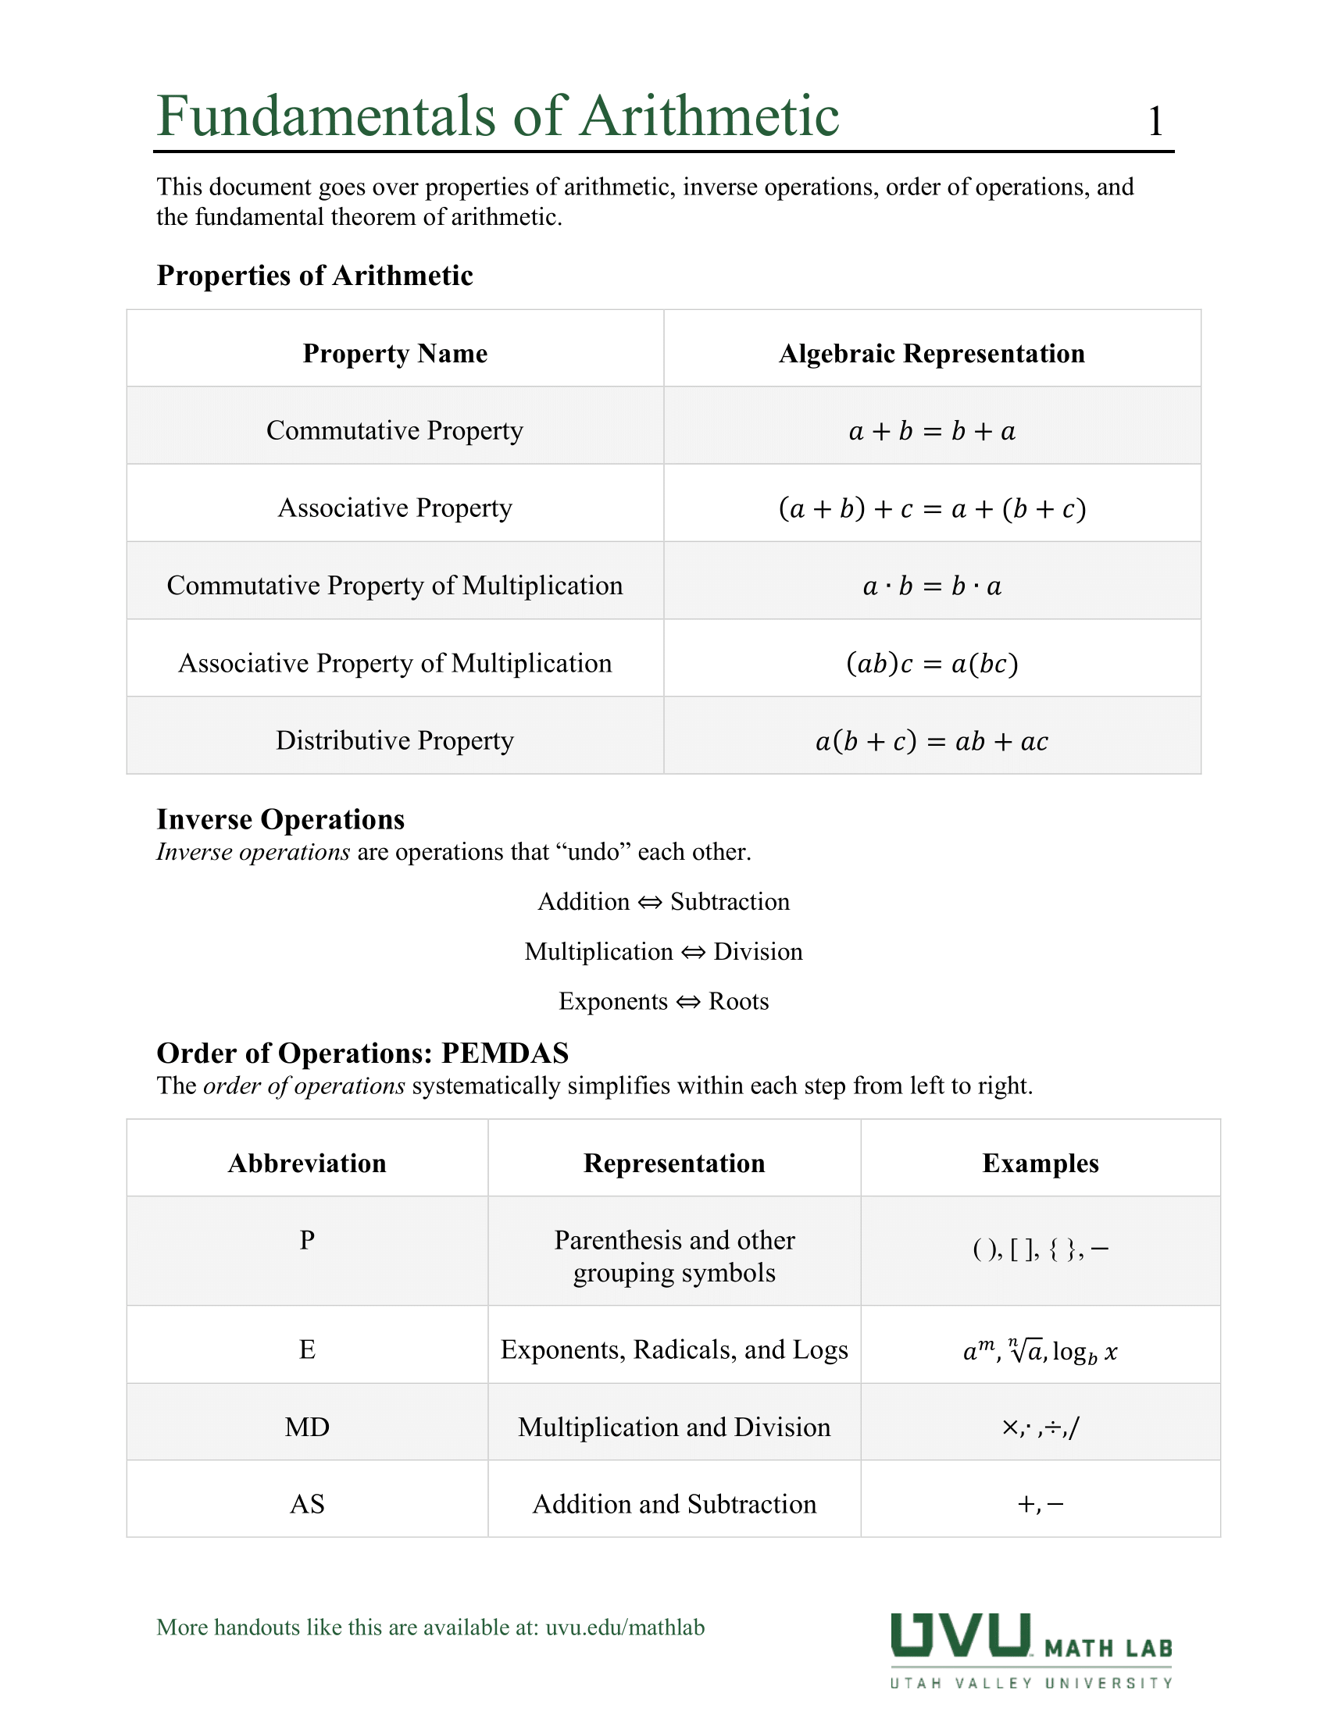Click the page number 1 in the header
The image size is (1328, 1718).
coord(1155,122)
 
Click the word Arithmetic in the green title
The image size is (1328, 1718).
coord(709,116)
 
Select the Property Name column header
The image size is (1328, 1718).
coord(395,353)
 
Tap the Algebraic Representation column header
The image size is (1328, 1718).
coord(931,353)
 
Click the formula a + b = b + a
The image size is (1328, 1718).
coord(931,431)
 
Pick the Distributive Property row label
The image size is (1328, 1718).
coord(395,740)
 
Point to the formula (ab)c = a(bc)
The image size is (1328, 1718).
coord(931,664)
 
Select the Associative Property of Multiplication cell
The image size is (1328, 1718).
coord(395,663)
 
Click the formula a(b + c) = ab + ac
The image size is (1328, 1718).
coord(931,741)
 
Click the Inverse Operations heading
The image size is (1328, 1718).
coord(281,819)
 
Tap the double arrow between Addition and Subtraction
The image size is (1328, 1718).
coord(650,902)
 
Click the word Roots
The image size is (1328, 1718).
coord(738,1001)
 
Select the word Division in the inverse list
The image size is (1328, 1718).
coord(758,952)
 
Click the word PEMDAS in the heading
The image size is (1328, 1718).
coord(505,1053)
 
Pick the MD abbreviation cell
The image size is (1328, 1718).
coord(307,1427)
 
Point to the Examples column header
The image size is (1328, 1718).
coord(1040,1164)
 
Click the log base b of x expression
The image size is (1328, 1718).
coord(1084,1353)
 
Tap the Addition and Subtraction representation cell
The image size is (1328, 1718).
coord(674,1504)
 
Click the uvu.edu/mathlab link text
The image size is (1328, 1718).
coord(625,1627)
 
